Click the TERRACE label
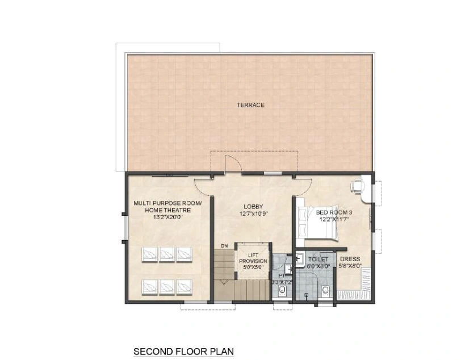coord(250,105)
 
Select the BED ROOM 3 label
coord(322,212)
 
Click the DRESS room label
coord(350,259)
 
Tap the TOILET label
coord(318,258)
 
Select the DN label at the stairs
coord(224,245)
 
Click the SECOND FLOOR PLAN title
coord(183,351)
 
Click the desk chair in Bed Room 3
coord(358,186)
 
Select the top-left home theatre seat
coord(149,253)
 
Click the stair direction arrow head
coord(225,281)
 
